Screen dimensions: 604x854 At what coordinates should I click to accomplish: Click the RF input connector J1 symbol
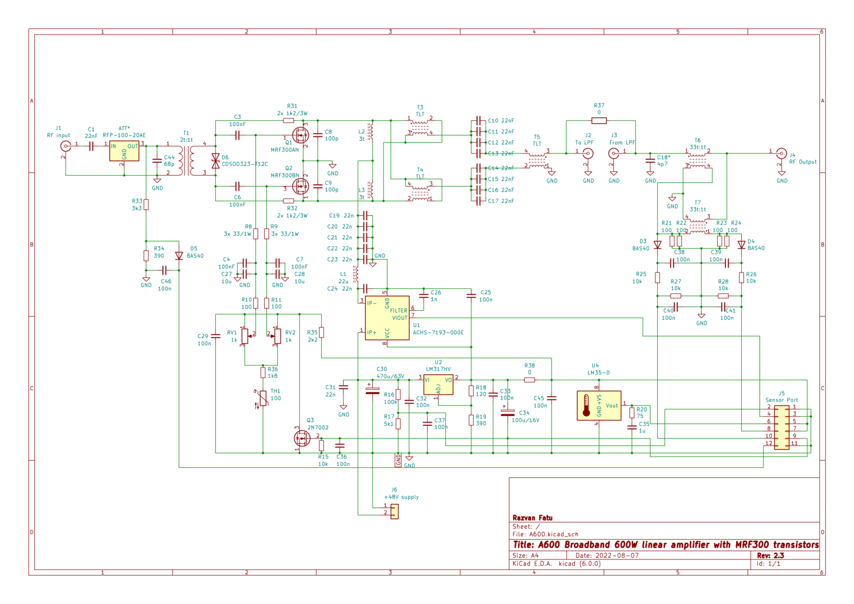click(66, 146)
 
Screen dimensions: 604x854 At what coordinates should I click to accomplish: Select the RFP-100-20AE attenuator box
click(124, 151)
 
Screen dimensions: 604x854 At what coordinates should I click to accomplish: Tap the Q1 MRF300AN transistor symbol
click(301, 135)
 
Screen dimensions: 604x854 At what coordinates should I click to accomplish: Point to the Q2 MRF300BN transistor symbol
click(301, 186)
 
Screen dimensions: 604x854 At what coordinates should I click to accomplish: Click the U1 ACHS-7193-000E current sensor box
click(387, 318)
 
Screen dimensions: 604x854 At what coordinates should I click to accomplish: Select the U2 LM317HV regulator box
click(438, 384)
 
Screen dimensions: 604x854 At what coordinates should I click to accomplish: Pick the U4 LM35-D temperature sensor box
click(599, 405)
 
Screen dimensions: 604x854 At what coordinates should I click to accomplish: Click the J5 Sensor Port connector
click(782, 427)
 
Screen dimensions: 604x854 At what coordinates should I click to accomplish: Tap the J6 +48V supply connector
click(394, 511)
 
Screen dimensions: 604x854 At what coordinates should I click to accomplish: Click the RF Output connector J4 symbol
click(781, 154)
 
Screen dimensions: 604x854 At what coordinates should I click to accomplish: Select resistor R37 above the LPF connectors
click(599, 120)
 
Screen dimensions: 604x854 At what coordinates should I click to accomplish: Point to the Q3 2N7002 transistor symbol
click(302, 438)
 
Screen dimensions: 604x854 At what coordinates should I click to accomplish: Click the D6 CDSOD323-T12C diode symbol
click(216, 161)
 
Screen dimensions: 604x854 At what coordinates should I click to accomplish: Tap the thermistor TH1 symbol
click(263, 398)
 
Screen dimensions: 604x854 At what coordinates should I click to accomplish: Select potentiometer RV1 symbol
click(245, 335)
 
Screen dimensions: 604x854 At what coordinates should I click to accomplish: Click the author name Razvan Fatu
click(532, 518)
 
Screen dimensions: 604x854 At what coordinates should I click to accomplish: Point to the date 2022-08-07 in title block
click(617, 555)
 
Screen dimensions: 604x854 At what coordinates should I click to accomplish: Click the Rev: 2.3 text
click(770, 555)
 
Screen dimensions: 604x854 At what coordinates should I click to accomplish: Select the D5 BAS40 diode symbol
click(179, 256)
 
